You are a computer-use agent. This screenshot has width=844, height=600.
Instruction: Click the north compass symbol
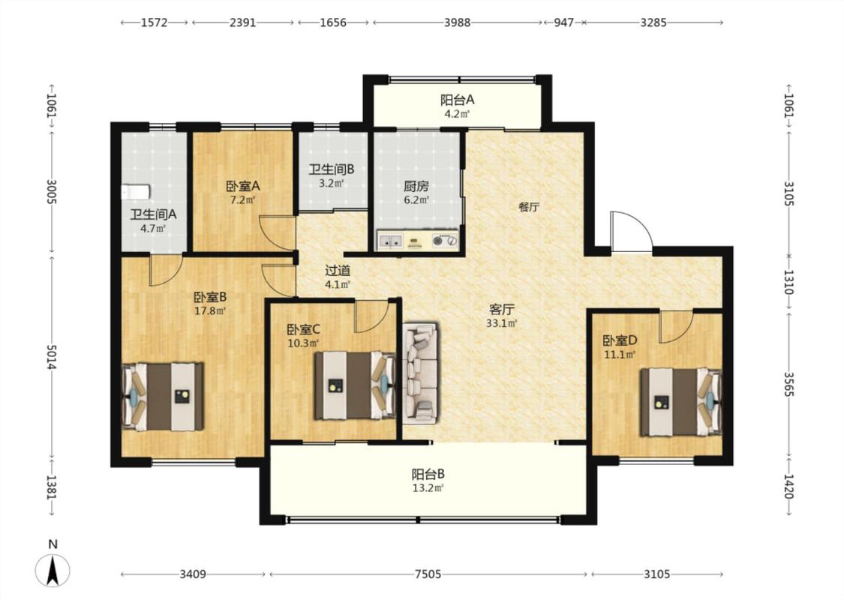[53, 571]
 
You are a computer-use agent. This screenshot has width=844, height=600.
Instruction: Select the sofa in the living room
[420, 372]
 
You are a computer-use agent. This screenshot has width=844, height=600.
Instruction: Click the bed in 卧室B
[163, 397]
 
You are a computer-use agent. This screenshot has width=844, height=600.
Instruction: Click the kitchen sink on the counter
[390, 240]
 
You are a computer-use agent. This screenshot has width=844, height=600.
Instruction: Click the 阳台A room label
[457, 100]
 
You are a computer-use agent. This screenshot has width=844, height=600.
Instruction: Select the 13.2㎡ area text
[428, 488]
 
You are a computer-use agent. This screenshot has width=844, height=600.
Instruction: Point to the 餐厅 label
[529, 207]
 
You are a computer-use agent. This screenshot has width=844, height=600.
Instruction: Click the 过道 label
[338, 270]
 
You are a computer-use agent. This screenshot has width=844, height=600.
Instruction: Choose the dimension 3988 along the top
[457, 22]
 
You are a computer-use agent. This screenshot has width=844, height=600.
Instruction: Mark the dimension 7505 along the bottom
[428, 574]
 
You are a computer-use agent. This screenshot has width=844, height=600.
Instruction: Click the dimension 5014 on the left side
[52, 357]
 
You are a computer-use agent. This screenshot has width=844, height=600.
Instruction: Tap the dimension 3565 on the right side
[788, 384]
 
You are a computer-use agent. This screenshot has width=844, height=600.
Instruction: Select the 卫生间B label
[331, 169]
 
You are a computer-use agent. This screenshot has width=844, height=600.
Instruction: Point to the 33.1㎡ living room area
[502, 323]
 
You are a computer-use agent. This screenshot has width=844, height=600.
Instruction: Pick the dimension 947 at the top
[563, 22]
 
